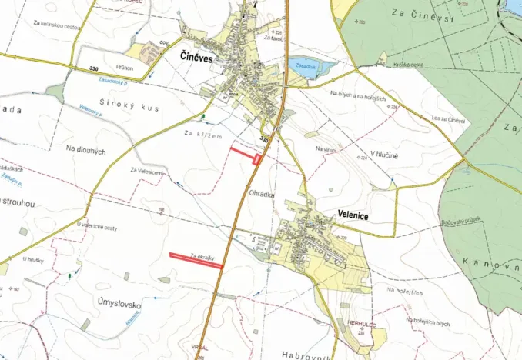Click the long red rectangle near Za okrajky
pyautogui.click(x=196, y=260)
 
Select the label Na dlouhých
pyautogui.click(x=85, y=150)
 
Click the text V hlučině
pyautogui.click(x=383, y=155)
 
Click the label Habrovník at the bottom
pyautogui.click(x=305, y=355)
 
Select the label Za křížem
pyautogui.click(x=203, y=135)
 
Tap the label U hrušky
pyautogui.click(x=35, y=259)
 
